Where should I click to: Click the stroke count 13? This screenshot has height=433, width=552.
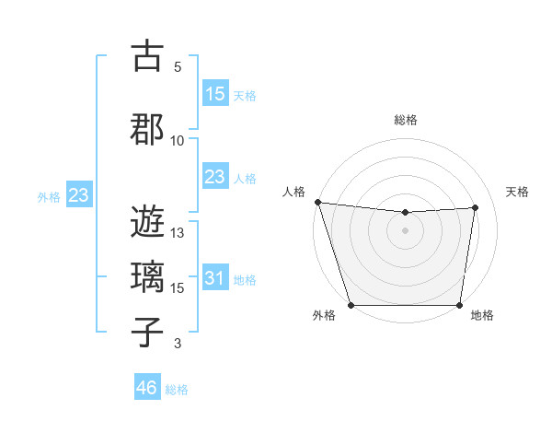tap(178, 233)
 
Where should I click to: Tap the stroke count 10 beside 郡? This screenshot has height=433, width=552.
tap(178, 140)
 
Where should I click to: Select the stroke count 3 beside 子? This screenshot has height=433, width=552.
tap(178, 344)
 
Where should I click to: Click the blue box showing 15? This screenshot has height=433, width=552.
tap(214, 94)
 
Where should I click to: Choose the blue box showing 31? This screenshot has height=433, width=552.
tap(214, 279)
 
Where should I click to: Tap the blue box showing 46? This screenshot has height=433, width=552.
tap(147, 388)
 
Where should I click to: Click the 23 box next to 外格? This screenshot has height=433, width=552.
tap(78, 195)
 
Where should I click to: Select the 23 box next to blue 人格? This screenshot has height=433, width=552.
tap(214, 177)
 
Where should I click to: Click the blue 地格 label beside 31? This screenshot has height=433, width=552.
tap(245, 280)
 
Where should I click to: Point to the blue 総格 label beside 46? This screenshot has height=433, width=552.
tap(177, 390)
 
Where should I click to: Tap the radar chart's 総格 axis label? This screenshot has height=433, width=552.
tap(405, 120)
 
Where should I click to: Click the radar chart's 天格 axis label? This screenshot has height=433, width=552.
tap(517, 192)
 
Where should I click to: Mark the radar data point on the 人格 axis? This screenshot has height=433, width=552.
tap(317, 202)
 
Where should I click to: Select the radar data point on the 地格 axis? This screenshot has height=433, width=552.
tap(459, 305)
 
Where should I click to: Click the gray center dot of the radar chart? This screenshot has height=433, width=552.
tap(405, 230)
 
